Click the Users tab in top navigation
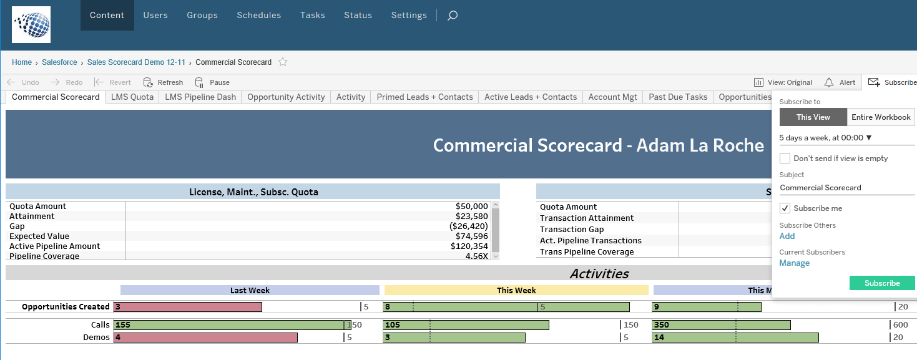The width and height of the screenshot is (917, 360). (155, 15)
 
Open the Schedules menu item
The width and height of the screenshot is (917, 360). (258, 15)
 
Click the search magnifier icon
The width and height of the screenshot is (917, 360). (453, 16)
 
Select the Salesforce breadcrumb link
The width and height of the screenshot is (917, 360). (59, 62)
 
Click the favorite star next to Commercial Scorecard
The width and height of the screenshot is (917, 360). (283, 62)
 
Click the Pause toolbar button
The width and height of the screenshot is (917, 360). (212, 82)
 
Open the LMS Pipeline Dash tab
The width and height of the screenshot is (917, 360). (200, 97)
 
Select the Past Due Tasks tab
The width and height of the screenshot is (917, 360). (678, 97)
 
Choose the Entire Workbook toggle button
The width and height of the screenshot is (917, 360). (881, 117)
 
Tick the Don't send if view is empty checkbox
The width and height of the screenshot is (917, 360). (785, 158)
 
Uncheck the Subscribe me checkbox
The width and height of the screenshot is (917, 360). (785, 208)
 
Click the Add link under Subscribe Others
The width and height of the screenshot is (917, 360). (787, 236)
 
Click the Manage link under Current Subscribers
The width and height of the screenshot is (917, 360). (794, 263)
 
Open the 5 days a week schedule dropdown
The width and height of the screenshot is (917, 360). (825, 137)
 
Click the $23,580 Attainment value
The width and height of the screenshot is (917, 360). (472, 216)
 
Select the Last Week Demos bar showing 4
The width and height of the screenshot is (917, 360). (205, 338)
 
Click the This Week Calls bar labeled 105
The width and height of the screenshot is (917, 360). (466, 325)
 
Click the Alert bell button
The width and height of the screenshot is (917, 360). (840, 82)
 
